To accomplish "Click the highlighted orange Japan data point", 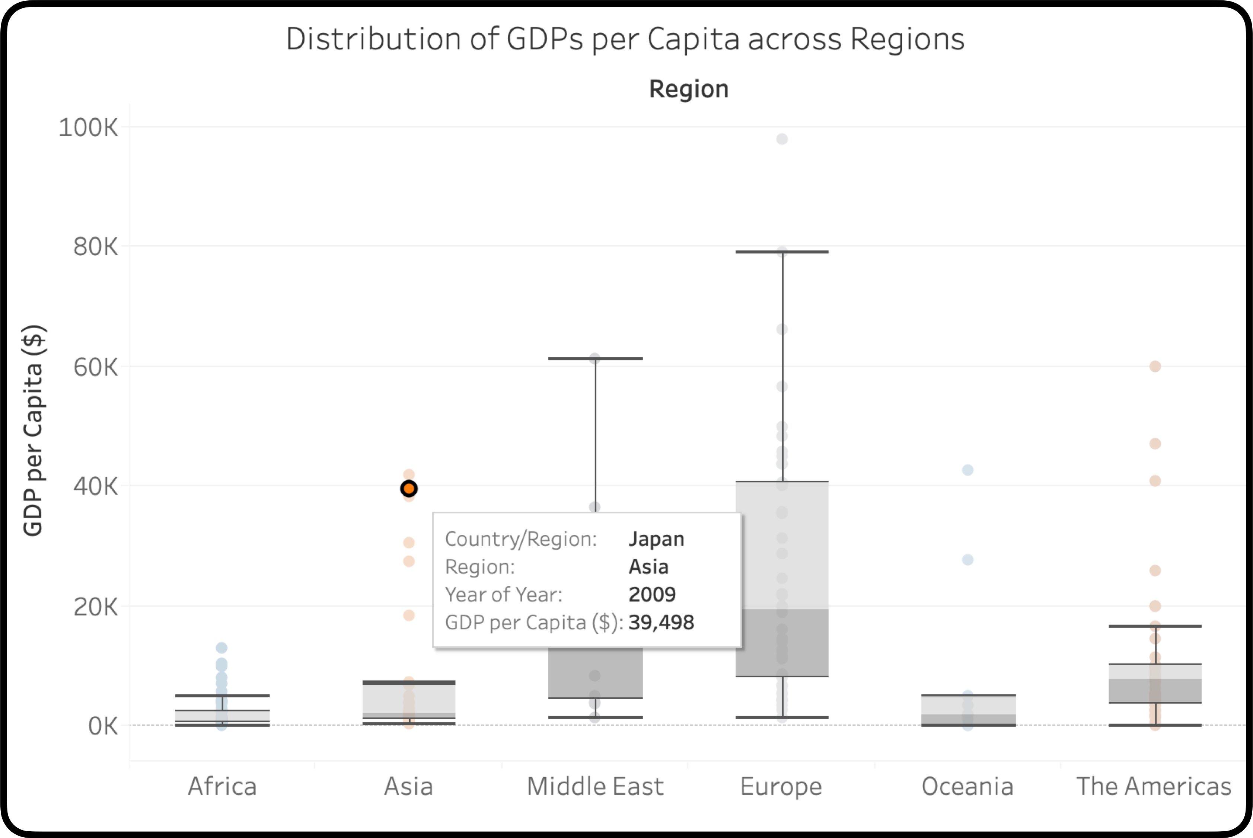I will point(409,489).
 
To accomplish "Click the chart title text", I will point(625,39).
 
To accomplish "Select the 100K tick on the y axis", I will point(88,128).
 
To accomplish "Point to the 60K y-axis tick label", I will point(95,367).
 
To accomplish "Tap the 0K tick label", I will point(103,726).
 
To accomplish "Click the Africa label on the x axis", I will point(222,786).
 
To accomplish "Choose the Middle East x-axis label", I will point(595,786).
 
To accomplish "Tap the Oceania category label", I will point(967,786).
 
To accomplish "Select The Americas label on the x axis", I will point(1154,786).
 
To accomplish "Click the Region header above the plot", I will point(689,89).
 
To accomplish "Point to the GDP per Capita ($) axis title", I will point(33,430).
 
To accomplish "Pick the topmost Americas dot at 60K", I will point(1155,366).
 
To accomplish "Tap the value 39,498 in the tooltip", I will point(661,622).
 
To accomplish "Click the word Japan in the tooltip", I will point(656,539).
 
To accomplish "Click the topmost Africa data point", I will point(222,648).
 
